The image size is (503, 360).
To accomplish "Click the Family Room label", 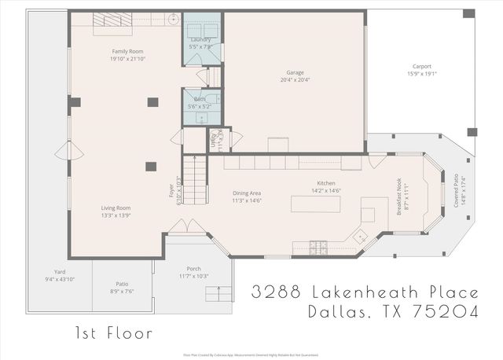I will pyautogui.click(x=127, y=51).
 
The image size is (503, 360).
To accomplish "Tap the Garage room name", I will pyautogui.click(x=295, y=72).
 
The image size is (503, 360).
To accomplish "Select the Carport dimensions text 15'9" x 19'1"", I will pyautogui.click(x=421, y=73).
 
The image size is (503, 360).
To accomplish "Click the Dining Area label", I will pyautogui.click(x=247, y=193).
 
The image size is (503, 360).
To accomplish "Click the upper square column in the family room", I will pyautogui.click(x=152, y=101).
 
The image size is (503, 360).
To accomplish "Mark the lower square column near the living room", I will pyautogui.click(x=150, y=165).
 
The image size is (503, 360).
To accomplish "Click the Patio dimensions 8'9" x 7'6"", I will pyautogui.click(x=122, y=288).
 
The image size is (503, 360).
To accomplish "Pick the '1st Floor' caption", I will pyautogui.click(x=114, y=332).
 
